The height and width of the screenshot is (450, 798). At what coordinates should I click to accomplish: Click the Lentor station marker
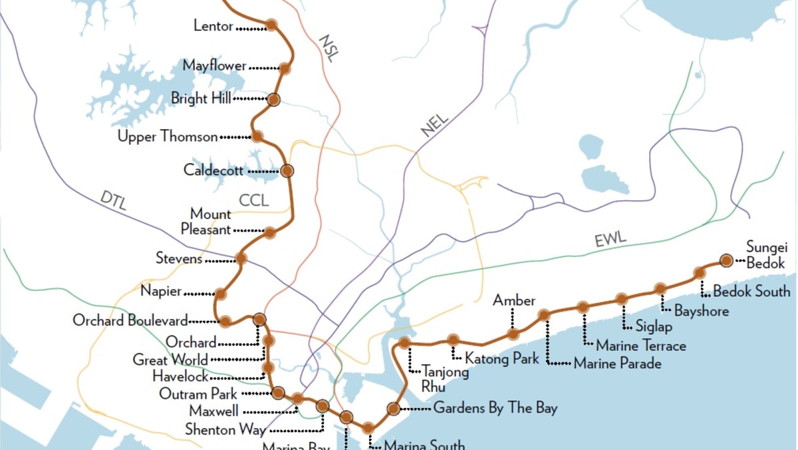point(271,25)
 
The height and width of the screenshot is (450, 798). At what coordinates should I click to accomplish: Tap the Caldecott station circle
point(287,170)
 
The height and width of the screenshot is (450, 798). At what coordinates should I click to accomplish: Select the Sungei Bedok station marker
point(726,260)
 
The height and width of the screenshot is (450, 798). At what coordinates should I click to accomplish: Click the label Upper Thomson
point(168,137)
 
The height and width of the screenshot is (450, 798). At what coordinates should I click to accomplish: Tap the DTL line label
point(114,199)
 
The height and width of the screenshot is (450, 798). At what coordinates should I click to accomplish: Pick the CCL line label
point(253,200)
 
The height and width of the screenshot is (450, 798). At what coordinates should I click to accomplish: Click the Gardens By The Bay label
point(495,408)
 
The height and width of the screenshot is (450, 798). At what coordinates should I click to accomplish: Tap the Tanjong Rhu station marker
point(404,343)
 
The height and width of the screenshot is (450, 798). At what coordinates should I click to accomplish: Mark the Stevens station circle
point(241,258)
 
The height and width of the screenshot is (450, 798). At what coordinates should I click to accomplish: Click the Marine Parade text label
point(617,363)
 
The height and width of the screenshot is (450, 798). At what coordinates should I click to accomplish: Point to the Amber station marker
point(513,334)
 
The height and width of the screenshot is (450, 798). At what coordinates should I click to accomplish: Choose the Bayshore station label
point(701,311)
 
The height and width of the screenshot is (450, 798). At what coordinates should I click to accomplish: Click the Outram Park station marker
point(278,393)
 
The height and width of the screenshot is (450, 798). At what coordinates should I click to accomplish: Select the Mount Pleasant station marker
point(269,232)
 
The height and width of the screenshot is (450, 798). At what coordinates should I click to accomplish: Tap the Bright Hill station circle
point(273,100)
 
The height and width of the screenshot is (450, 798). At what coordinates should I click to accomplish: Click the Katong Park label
point(501,359)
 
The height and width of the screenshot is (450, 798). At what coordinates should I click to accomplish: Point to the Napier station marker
point(220,294)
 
